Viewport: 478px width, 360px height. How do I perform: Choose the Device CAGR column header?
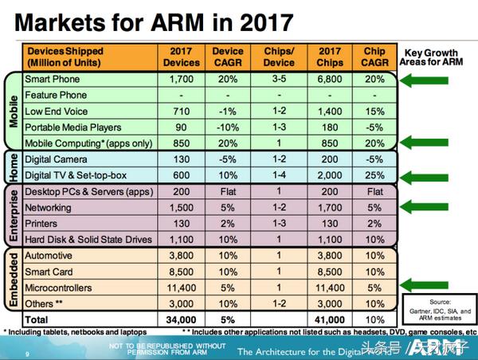[x=229, y=57]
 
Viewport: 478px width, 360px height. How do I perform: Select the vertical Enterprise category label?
[x=13, y=215]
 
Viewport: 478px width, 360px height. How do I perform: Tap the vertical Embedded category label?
[x=13, y=279]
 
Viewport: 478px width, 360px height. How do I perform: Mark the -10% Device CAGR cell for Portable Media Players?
[x=229, y=127]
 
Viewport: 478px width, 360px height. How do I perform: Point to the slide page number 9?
[x=29, y=354]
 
